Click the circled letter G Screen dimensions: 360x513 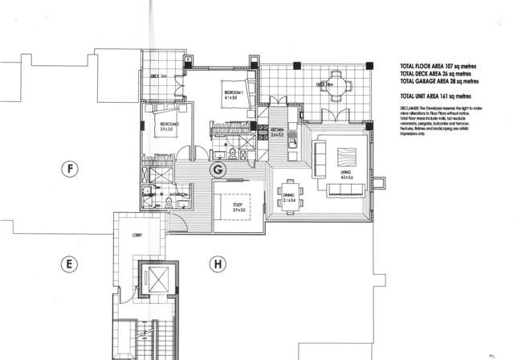coord(216,170)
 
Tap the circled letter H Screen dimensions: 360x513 coord(215,263)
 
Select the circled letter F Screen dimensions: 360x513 coord(71,170)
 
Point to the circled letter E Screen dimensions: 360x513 coord(71,263)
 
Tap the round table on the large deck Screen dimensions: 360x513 coord(340,83)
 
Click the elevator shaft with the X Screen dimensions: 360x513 coord(157,284)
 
